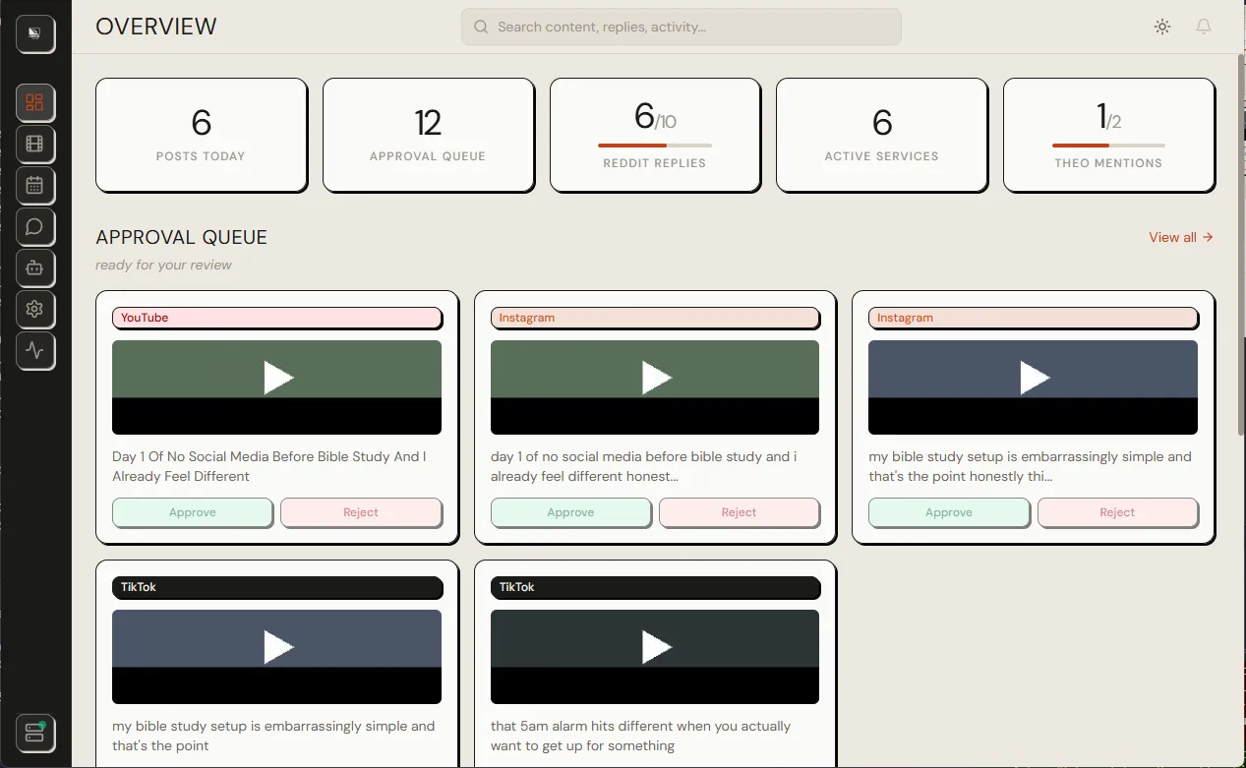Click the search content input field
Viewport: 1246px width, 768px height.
[x=681, y=27]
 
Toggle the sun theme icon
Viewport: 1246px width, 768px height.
[x=1162, y=27]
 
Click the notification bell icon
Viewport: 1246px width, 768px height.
[x=1204, y=27]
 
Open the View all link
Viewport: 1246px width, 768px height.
[x=1180, y=237]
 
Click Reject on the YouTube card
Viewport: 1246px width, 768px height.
[x=361, y=512]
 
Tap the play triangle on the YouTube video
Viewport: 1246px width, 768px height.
[x=278, y=378]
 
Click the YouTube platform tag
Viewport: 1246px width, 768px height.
[x=276, y=318]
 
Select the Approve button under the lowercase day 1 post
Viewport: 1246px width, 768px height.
[x=570, y=512]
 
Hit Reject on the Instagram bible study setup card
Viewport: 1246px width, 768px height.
[x=1117, y=512]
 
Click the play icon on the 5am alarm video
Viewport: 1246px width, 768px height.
[x=656, y=647]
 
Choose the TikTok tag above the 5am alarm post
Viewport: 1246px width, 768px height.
[x=655, y=587]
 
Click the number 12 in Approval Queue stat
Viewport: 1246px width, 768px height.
[x=428, y=123]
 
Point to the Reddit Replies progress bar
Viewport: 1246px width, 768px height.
[x=655, y=146]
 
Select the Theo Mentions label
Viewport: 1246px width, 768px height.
[x=1108, y=163]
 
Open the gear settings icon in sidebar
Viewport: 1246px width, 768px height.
[x=34, y=309]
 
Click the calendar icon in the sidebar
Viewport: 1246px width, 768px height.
[x=34, y=185]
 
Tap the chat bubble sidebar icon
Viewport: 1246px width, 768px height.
[x=34, y=227]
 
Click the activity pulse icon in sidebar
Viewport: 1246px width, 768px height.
[x=34, y=350]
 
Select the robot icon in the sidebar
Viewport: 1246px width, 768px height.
[x=34, y=267]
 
